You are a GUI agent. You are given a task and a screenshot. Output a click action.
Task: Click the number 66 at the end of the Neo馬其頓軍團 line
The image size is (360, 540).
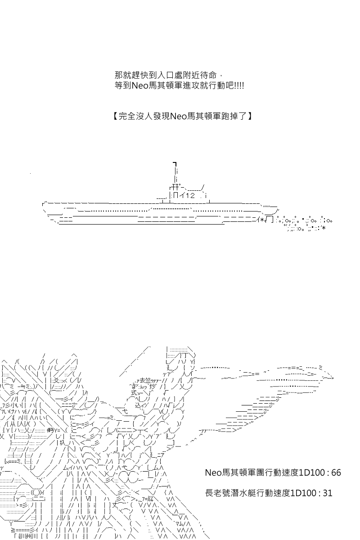point(336,473)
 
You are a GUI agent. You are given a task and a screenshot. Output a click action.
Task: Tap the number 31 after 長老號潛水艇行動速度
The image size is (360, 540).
point(328,493)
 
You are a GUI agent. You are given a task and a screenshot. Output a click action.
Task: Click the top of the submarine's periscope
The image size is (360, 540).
point(175,164)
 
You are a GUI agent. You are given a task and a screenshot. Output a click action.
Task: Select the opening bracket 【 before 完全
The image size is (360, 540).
point(115,117)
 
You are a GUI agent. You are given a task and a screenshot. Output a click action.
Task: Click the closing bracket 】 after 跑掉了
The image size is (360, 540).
point(250,117)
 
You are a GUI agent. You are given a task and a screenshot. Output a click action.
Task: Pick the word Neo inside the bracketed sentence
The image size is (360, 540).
point(178,117)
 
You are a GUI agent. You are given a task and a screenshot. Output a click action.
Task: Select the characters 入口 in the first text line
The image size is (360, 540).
point(165,76)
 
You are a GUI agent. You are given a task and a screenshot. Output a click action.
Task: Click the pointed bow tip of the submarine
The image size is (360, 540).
point(43,204)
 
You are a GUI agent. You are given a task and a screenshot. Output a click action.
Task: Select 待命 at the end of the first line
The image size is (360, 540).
point(208,76)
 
